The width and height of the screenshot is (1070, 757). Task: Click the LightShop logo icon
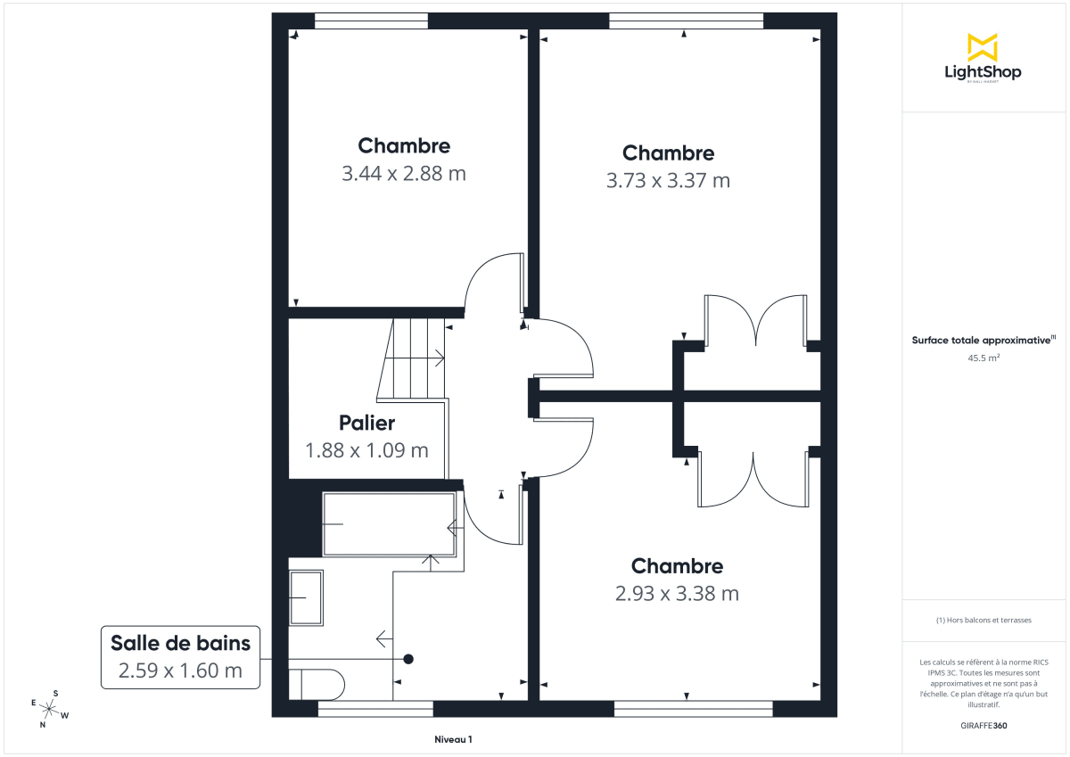tap(982, 47)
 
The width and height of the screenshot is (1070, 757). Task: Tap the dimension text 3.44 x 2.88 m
tap(404, 174)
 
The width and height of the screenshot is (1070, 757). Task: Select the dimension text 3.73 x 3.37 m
tap(668, 181)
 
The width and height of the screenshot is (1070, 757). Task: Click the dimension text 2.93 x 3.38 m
tap(677, 594)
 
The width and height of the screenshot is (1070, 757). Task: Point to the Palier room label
tap(366, 424)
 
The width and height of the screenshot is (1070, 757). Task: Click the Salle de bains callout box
tap(181, 656)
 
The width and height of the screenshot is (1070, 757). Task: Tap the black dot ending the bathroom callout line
tap(408, 659)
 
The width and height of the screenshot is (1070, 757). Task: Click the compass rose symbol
tap(49, 710)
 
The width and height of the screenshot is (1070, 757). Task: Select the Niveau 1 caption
tap(453, 740)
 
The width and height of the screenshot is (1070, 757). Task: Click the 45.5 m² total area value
tap(982, 358)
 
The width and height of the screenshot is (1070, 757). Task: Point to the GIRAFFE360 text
tap(982, 726)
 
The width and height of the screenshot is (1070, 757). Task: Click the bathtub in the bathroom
tap(389, 524)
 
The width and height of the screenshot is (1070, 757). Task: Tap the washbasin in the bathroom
tap(306, 597)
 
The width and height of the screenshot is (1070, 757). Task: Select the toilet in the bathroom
tap(317, 684)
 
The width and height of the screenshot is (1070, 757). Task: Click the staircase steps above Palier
tap(412, 358)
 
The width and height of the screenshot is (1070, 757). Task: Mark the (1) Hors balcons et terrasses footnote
tap(982, 620)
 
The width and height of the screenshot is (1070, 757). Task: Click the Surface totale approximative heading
tap(982, 340)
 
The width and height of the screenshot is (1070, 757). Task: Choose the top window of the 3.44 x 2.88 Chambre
tap(371, 21)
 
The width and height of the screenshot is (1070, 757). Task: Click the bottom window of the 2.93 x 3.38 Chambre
tap(694, 709)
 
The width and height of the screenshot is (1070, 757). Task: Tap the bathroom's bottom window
tap(375, 709)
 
